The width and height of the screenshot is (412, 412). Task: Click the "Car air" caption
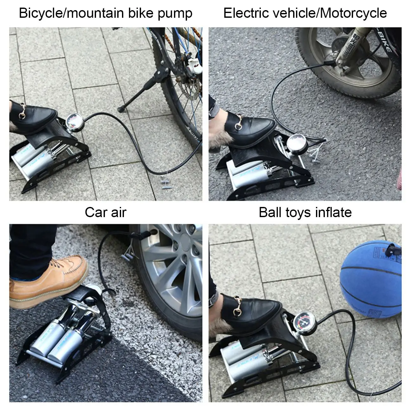click(106, 212)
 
